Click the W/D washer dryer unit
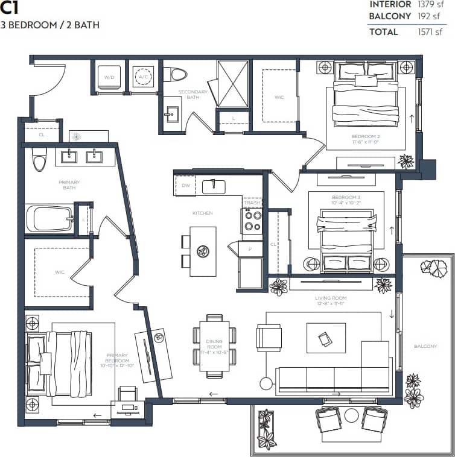tap(109, 77)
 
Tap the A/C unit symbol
tap(144, 77)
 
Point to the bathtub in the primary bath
tap(49, 218)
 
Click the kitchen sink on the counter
tap(214, 186)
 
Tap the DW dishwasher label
tap(185, 185)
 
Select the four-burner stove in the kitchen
tap(252, 221)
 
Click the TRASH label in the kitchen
tap(252, 203)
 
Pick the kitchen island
tap(203, 251)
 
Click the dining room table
tap(214, 346)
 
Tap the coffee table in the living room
tap(326, 338)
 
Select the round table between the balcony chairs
tap(352, 415)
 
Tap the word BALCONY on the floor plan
tap(425, 347)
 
